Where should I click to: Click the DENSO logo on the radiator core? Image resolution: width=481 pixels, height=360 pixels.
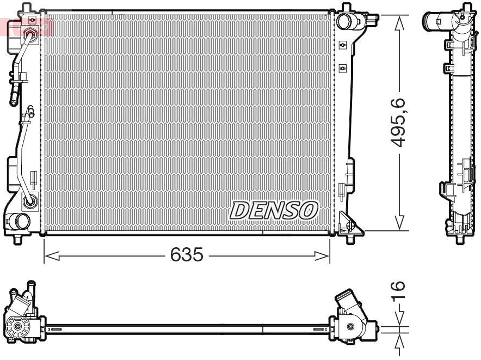click(274, 210)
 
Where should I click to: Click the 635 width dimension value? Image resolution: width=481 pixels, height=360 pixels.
click(187, 254)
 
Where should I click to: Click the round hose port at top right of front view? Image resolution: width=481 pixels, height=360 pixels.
click(344, 21)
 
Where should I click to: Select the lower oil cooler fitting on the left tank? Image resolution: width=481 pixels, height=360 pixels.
click(30, 202)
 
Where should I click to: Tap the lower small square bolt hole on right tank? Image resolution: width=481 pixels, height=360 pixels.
click(342, 68)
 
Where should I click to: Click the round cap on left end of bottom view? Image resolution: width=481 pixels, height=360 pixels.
click(17, 327)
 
